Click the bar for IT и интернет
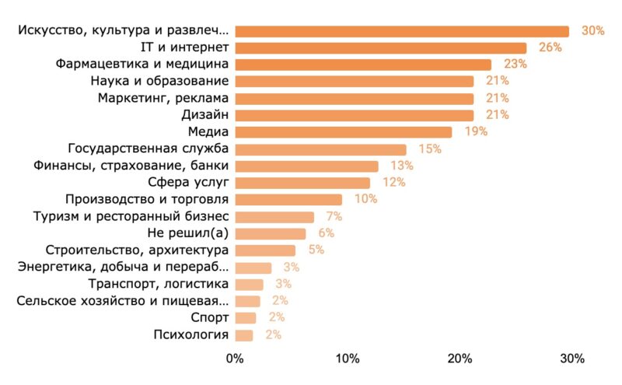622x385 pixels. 380,48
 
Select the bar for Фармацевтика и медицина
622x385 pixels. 363,65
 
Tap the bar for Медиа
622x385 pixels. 343,132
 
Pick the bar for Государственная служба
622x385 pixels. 320,149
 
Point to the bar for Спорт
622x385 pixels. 245,317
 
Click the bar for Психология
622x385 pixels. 243,335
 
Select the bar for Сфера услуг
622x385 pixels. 302,183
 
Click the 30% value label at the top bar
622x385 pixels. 593,31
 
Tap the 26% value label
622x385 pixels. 550,48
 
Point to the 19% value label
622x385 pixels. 476,132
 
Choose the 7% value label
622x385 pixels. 334,216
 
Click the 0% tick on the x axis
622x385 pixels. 235,359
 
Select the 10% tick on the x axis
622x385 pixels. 348,359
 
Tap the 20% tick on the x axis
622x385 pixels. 460,359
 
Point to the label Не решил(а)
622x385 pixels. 187,233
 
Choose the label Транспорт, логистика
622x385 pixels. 159,284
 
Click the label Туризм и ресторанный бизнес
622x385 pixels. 131,216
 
